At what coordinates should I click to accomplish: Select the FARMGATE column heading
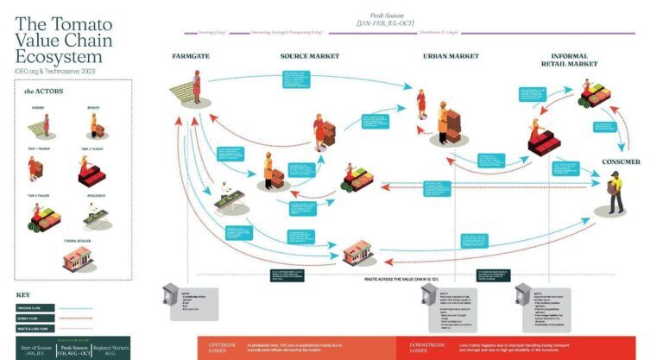pos(191,56)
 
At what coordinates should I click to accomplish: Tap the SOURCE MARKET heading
pos(308,56)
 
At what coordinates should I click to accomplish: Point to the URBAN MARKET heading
pos(451,56)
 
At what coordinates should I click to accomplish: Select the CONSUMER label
pos(620,161)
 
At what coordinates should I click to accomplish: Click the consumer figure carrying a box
pos(616,191)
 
